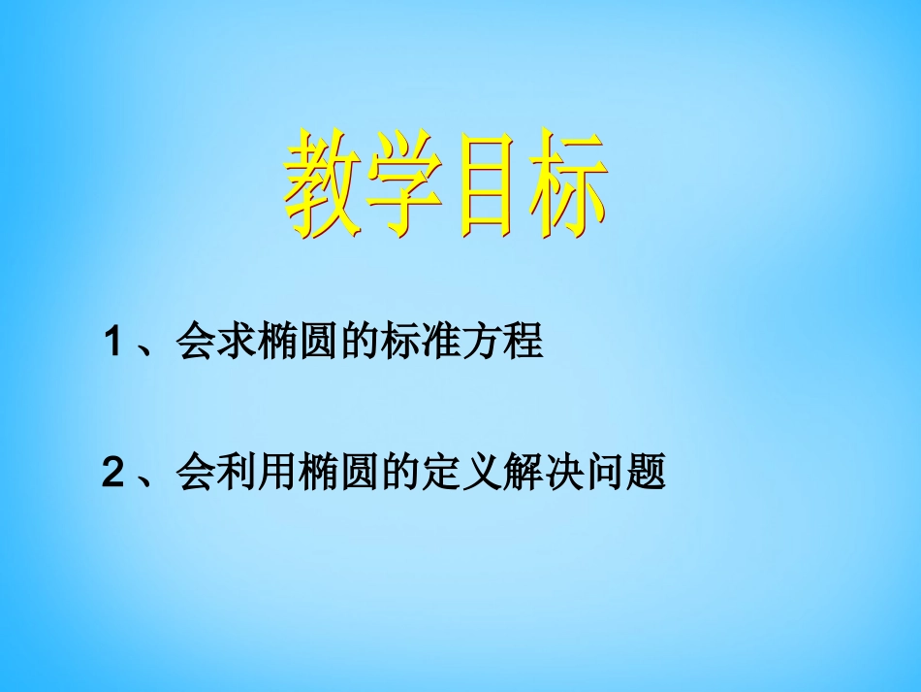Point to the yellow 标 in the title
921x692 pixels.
point(567,187)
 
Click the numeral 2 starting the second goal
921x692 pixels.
point(113,474)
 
